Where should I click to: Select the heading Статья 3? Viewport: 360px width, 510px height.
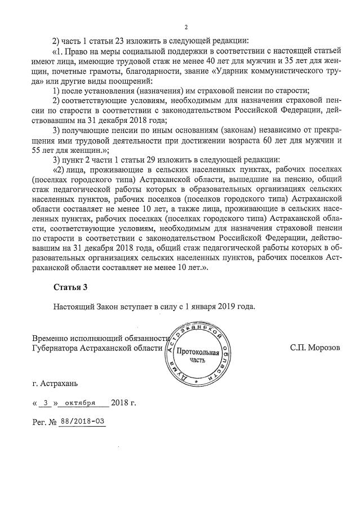70,287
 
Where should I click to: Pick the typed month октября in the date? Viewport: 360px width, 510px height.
79,403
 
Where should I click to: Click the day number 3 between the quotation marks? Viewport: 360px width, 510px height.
47,403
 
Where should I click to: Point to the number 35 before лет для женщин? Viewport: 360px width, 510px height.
289,61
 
